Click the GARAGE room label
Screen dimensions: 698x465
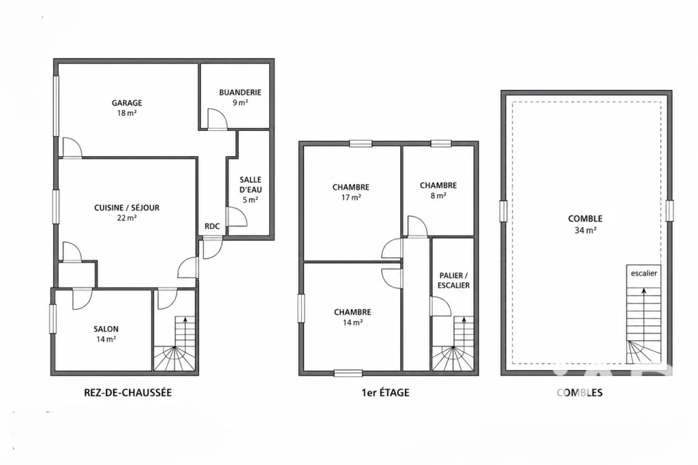coord(127,103)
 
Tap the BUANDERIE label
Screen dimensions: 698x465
coord(240,93)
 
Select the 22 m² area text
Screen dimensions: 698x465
coord(127,217)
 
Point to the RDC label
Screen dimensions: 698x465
coord(212,226)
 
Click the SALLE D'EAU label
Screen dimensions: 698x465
coord(251,184)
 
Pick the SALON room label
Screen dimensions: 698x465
coord(106,329)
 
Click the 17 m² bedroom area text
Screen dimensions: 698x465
coord(351,197)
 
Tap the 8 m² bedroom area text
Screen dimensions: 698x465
coord(438,195)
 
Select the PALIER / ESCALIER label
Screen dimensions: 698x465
coord(453,281)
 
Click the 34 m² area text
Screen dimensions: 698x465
coord(586,230)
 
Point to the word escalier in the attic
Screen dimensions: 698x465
coord(643,273)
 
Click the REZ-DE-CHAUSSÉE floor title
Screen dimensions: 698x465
coord(127,393)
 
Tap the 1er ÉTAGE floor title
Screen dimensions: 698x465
coord(386,393)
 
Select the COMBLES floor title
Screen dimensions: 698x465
coord(579,393)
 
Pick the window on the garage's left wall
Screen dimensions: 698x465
coord(56,106)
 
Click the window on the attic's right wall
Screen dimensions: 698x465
coord(669,211)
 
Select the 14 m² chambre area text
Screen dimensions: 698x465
coord(352,322)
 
